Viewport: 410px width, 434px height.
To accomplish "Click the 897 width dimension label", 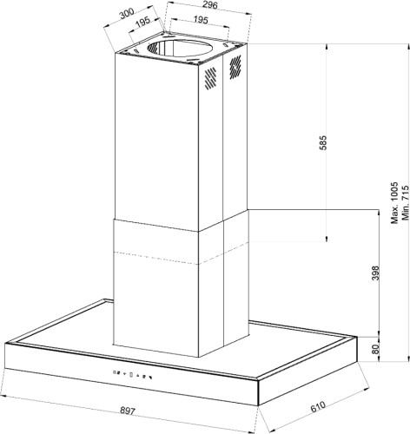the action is click(128, 411).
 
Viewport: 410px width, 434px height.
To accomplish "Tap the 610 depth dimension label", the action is click(318, 406).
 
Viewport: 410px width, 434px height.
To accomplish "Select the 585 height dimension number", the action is click(322, 142).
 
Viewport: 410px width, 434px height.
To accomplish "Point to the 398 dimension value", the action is click(375, 273).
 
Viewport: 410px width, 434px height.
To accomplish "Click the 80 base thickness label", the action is click(375, 349).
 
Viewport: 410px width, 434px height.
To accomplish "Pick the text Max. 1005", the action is click(394, 203).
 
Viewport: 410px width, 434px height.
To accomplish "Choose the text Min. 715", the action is click(405, 203).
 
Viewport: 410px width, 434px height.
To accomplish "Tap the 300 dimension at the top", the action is click(127, 13).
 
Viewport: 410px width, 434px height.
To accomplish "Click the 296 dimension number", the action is click(209, 5).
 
